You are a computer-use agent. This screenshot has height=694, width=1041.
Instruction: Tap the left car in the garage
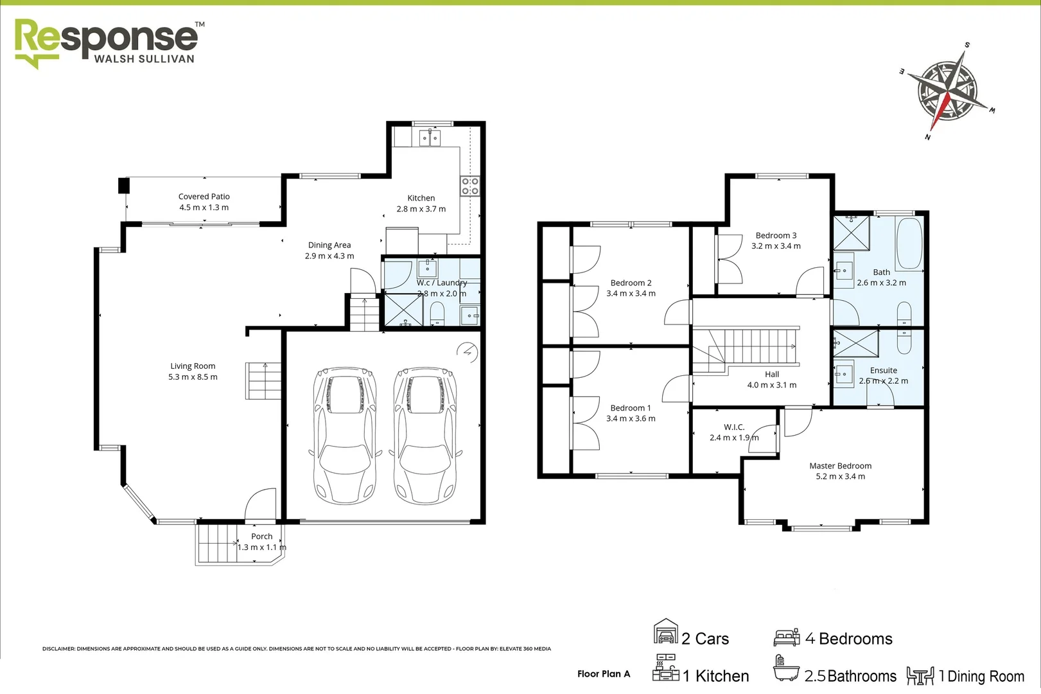pos(344,435)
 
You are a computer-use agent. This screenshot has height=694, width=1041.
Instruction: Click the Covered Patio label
pos(204,202)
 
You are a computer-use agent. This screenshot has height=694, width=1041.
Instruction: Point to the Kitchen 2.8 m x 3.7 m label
pos(421,204)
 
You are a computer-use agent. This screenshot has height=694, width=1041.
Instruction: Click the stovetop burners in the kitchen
pos(470,186)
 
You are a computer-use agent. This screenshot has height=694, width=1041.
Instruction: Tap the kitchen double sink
pos(429,138)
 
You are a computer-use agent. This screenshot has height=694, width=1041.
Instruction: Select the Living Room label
pos(193,371)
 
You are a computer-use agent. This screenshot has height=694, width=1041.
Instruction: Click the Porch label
pos(261,542)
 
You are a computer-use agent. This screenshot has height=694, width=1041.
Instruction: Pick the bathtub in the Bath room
pos(909,244)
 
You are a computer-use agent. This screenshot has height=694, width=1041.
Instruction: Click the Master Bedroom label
pos(840,471)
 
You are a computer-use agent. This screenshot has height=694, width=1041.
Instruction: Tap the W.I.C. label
pos(733,432)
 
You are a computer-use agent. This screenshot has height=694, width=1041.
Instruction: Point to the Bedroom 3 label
pos(776,240)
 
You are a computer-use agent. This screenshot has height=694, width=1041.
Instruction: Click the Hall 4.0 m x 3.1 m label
pos(771,380)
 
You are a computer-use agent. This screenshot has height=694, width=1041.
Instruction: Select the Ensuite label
pos(883,375)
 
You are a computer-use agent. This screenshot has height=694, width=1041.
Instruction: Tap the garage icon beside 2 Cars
pos(665,632)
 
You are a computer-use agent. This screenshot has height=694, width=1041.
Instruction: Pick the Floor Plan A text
pos(603,674)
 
